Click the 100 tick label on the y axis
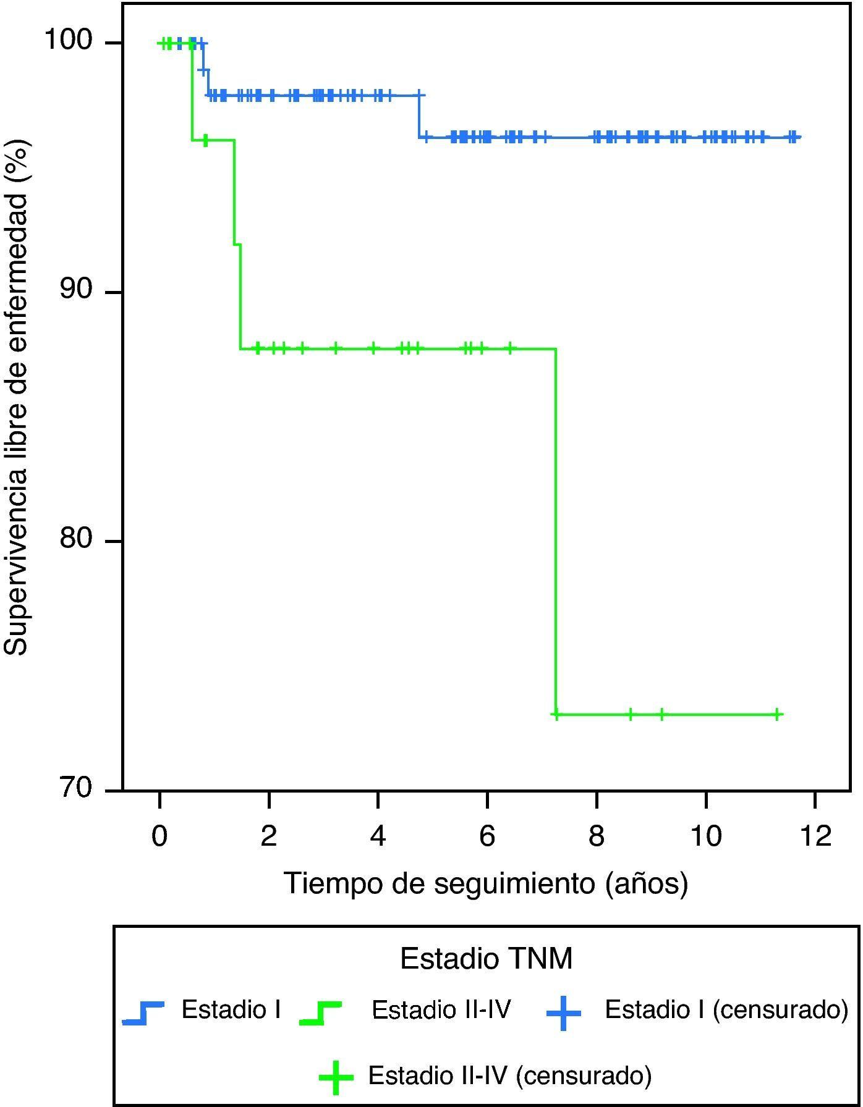pyautogui.click(x=68, y=41)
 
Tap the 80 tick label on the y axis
pyautogui.click(x=75, y=539)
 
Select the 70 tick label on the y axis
pyautogui.click(x=75, y=789)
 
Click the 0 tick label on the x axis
pyautogui.click(x=159, y=836)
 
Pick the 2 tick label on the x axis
pyautogui.click(x=268, y=836)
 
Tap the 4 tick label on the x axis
pyautogui.click(x=378, y=836)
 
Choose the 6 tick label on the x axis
pyautogui.click(x=487, y=836)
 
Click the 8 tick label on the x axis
pyautogui.click(x=596, y=836)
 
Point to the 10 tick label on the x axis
pyautogui.click(x=705, y=836)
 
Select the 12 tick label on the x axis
pyautogui.click(x=815, y=836)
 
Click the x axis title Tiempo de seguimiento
pyautogui.click(x=485, y=883)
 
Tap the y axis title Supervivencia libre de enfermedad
pyautogui.click(x=17, y=398)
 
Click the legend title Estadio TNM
pyautogui.click(x=486, y=959)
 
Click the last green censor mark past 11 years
pyautogui.click(x=777, y=714)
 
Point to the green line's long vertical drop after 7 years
pyautogui.click(x=556, y=531)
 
